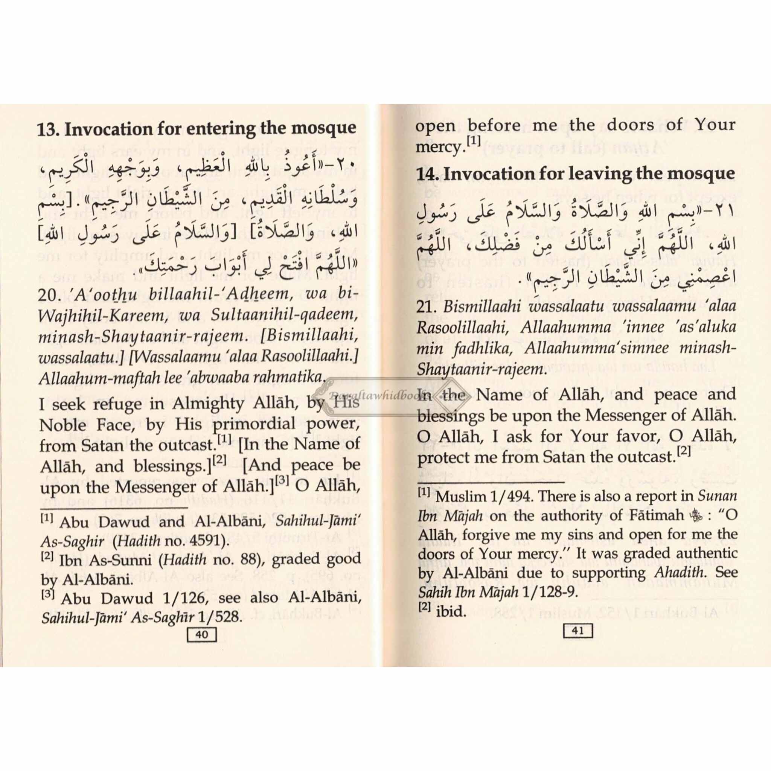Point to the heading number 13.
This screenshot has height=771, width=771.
click(47, 129)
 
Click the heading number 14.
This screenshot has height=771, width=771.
click(427, 174)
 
